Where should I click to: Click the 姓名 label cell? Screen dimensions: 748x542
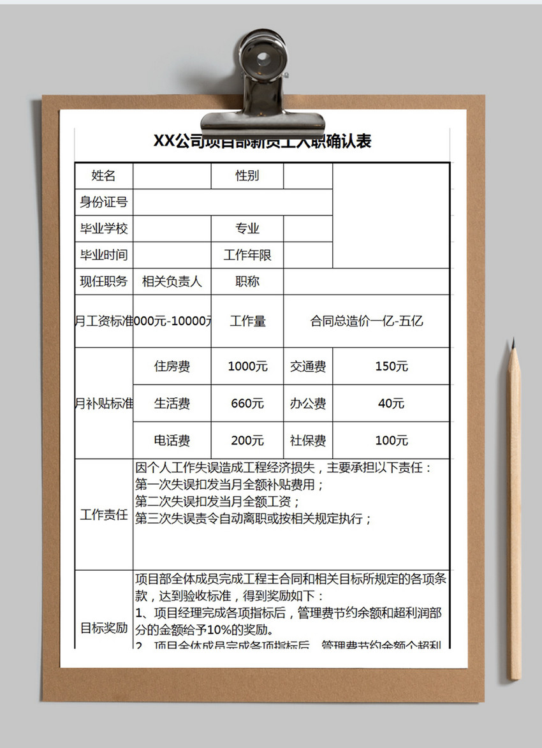[x=104, y=176]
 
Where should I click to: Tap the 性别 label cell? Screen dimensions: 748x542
[x=247, y=176]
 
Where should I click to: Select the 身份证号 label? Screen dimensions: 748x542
[x=104, y=202]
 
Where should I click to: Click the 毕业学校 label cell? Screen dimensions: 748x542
[x=104, y=229]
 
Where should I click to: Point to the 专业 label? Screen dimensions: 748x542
[x=247, y=229]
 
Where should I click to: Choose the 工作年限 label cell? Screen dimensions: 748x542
[x=247, y=255]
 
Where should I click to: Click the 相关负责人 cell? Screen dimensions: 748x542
[x=172, y=281]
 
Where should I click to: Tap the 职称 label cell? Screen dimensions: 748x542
[x=247, y=281]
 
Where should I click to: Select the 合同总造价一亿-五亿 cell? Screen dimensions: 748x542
[x=367, y=321]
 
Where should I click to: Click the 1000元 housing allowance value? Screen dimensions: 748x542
[x=247, y=367]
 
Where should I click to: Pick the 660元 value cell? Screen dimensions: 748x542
[x=247, y=404]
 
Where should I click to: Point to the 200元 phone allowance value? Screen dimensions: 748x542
[x=247, y=441]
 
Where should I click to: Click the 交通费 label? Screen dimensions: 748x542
[x=308, y=367]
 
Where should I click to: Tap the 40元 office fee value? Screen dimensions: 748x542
[x=391, y=404]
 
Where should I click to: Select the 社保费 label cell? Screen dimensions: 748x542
[x=308, y=441]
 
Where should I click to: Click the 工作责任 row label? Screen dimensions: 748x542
[x=104, y=515]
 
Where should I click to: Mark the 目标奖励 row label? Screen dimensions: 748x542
[x=104, y=628]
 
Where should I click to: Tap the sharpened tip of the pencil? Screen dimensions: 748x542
[x=513, y=343]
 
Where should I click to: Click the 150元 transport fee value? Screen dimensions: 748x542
[x=391, y=367]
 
